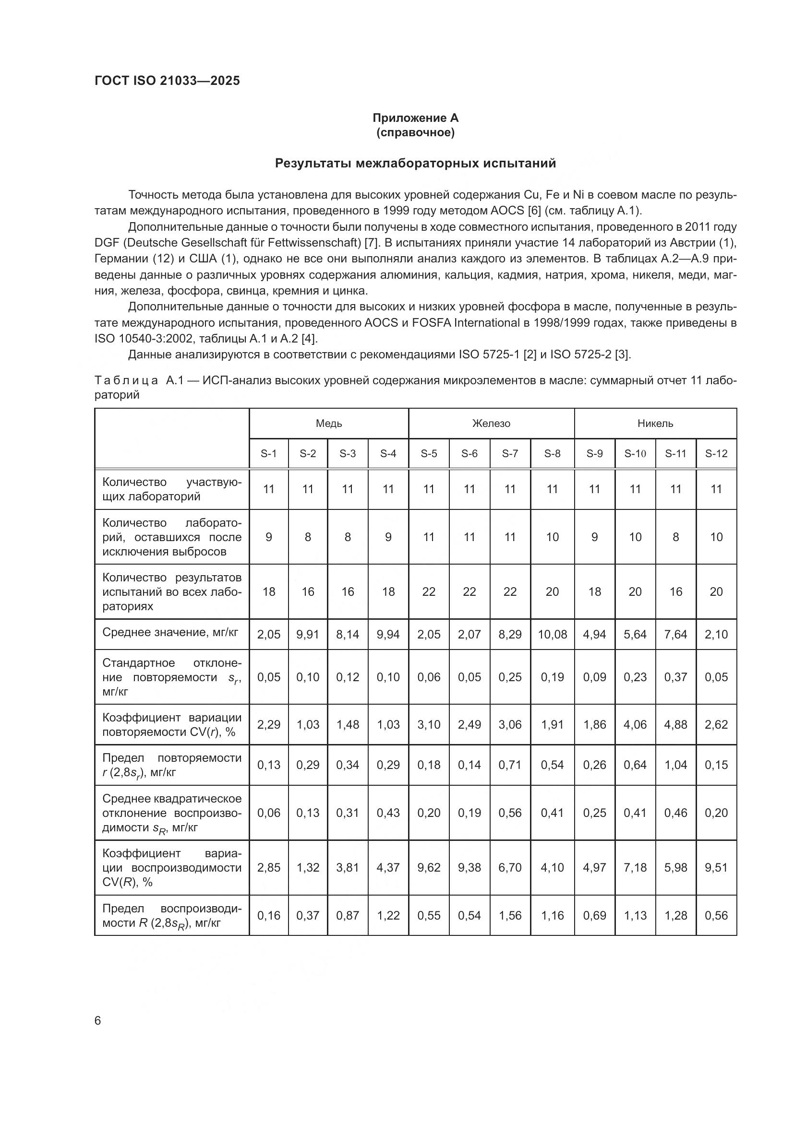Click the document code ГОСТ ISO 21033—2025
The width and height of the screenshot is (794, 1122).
tap(167, 81)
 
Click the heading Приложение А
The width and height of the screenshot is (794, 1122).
tap(415, 118)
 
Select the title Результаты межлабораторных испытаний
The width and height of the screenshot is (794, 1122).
tap(415, 163)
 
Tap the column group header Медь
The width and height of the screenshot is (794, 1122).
tap(328, 424)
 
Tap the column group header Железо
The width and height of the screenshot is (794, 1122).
tap(491, 424)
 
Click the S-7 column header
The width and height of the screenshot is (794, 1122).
tap(509, 454)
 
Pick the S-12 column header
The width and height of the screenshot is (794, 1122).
tap(716, 454)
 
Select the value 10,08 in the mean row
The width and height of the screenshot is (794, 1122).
tap(552, 635)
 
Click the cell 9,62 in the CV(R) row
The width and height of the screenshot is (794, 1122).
tap(428, 868)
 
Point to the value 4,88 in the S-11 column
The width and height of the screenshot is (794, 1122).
tap(675, 725)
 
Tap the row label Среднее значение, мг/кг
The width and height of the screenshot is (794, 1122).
tap(170, 633)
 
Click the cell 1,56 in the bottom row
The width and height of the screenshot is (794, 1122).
tap(509, 916)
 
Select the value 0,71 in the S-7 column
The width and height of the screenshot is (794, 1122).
tap(509, 765)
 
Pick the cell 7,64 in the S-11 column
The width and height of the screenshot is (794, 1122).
tap(675, 635)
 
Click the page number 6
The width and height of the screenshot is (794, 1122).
tap(98, 1021)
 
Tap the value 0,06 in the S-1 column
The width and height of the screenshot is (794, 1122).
tap(268, 813)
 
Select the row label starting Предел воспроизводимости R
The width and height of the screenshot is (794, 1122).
tap(171, 916)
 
